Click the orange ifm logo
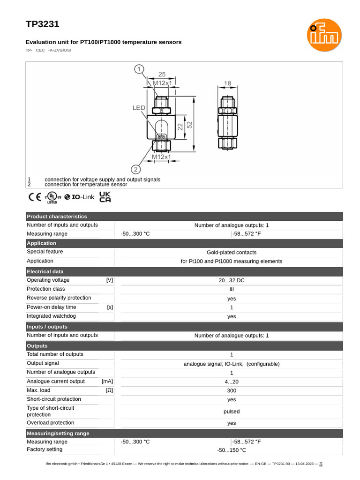click(324, 35)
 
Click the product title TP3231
click(42, 24)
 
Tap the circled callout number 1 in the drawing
click(139, 70)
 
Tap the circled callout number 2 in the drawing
click(135, 169)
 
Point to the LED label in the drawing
click(139, 108)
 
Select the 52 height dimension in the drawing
click(190, 125)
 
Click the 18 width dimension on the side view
click(227, 83)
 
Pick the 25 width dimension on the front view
click(161, 75)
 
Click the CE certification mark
click(35, 197)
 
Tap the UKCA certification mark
click(105, 197)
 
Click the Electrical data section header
click(45, 271)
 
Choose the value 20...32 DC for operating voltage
click(231, 280)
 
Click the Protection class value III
click(231, 289)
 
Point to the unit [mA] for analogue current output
click(107, 382)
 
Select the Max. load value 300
click(231, 390)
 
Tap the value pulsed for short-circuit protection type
click(231, 412)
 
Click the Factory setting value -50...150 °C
click(231, 450)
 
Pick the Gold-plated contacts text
click(231, 252)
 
